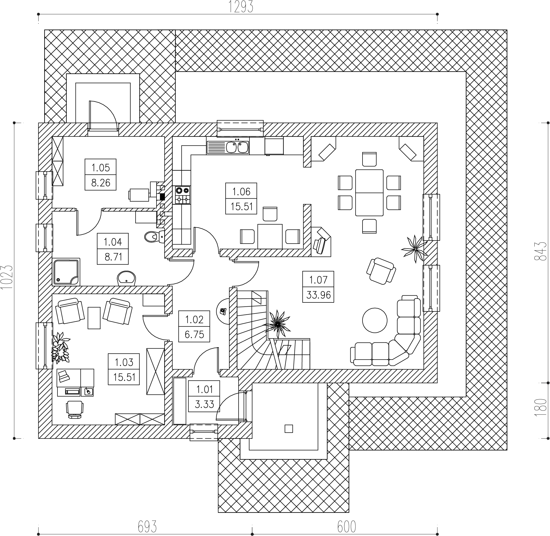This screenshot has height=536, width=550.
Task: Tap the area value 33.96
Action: [x=318, y=295]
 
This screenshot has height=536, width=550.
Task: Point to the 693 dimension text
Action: [x=147, y=526]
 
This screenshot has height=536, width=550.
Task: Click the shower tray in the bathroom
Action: [x=66, y=272]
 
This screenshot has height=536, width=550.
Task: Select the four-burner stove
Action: [x=183, y=195]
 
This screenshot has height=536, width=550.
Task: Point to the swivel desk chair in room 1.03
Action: [x=75, y=408]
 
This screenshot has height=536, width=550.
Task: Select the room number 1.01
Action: [x=205, y=389]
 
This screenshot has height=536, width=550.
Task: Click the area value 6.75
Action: [x=194, y=335]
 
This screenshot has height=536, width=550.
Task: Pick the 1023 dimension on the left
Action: [x=7, y=277]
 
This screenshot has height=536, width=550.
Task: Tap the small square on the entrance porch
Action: [x=289, y=429]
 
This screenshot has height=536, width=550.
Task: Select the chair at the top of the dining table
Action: [x=369, y=159]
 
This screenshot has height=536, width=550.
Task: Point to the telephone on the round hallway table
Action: [x=223, y=311]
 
